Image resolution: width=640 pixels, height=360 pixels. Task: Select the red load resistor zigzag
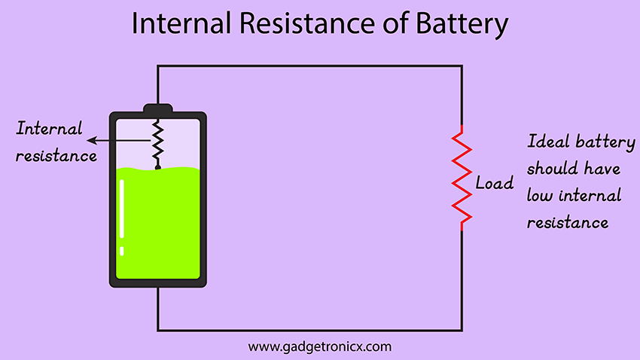click(462, 178)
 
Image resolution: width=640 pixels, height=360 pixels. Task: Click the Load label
click(494, 183)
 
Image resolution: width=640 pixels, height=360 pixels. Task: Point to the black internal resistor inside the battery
click(158, 143)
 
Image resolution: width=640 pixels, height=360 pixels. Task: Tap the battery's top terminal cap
click(158, 108)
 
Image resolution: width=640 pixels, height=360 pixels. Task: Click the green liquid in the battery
click(158, 226)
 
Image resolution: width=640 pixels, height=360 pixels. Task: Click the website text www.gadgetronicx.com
click(319, 347)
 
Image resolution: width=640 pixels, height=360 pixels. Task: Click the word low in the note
click(539, 195)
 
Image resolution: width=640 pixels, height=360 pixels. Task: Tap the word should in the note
click(549, 168)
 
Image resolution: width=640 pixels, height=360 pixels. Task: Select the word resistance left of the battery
click(57, 156)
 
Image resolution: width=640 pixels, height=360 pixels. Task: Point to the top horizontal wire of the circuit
click(309, 66)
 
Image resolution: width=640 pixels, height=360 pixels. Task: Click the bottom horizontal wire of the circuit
click(309, 329)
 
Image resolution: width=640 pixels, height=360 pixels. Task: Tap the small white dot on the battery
click(122, 250)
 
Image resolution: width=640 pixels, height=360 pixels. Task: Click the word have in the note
click(602, 168)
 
